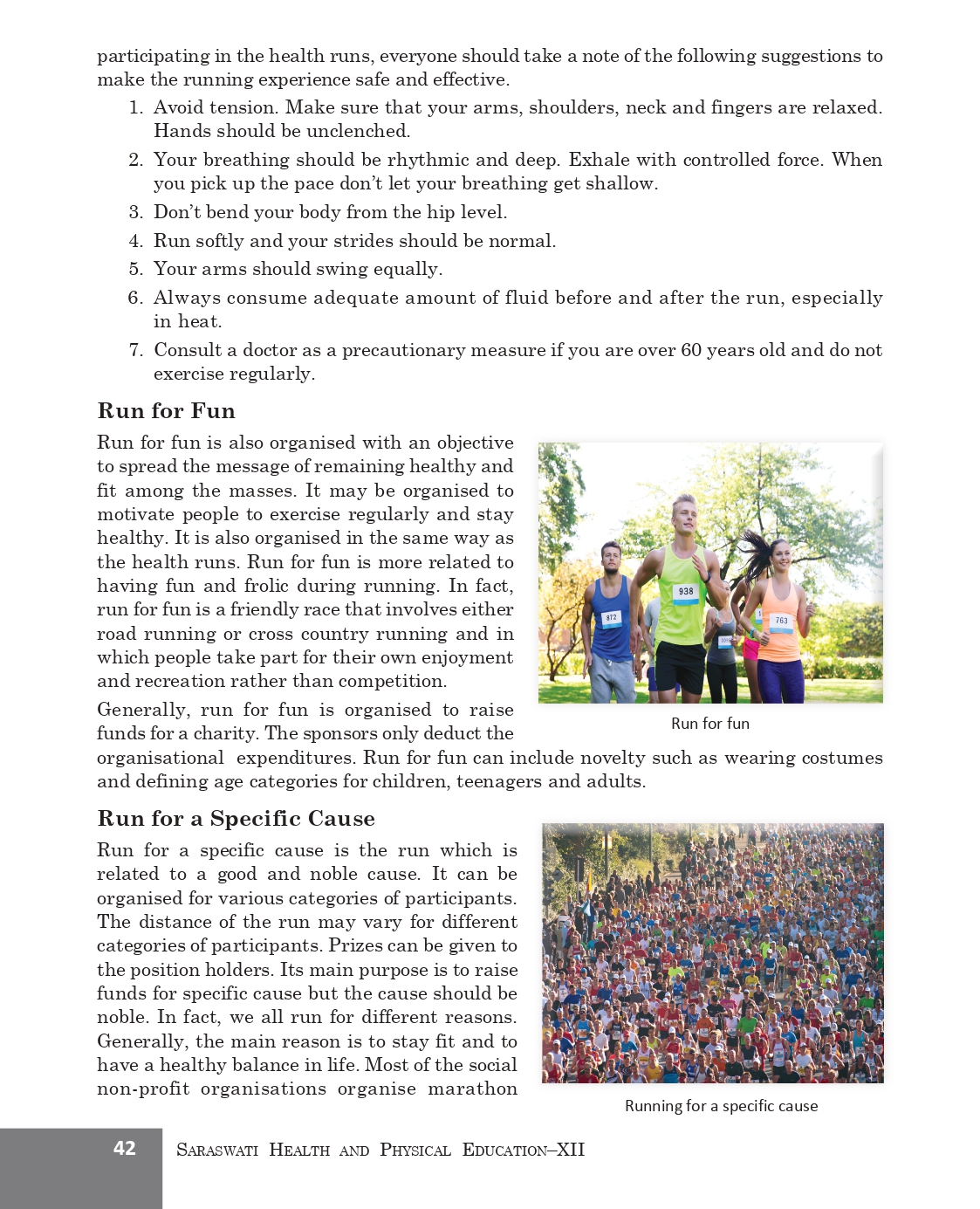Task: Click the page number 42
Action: point(125,1148)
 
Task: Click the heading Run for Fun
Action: point(166,411)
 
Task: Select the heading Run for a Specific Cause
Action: point(236,819)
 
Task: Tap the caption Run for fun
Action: point(709,724)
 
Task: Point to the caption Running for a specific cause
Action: point(721,1106)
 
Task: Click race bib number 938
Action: point(686,592)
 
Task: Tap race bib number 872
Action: point(611,617)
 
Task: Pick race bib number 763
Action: point(781,621)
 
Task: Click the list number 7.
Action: point(135,350)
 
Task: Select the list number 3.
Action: point(135,212)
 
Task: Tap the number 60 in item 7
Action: point(691,350)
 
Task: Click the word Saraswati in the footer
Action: point(217,1150)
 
